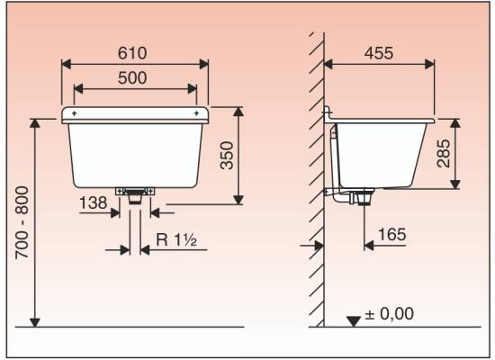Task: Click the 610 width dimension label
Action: tap(132, 53)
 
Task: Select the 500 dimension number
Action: tap(132, 78)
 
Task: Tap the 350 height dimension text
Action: tap(227, 156)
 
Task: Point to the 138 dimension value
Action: tap(93, 202)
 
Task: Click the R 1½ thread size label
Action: tap(176, 240)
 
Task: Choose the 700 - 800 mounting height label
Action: tap(22, 223)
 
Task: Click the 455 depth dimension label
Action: tap(379, 53)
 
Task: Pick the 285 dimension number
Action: tap(443, 153)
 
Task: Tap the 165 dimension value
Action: tap(392, 235)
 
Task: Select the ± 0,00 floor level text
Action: tap(389, 314)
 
